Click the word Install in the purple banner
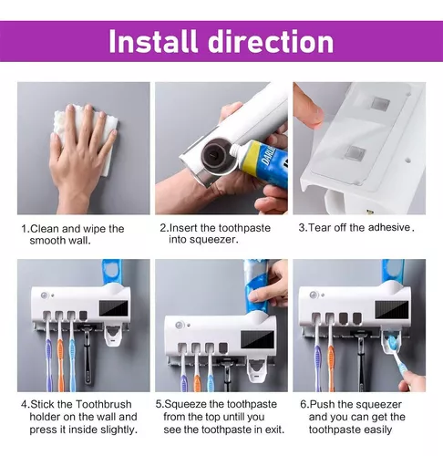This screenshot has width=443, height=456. click(x=153, y=41)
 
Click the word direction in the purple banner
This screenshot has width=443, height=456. click(x=271, y=41)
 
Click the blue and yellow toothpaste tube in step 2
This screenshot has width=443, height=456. click(x=262, y=164)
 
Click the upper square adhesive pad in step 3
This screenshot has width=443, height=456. click(x=379, y=103)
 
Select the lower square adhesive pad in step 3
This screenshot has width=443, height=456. click(x=356, y=153)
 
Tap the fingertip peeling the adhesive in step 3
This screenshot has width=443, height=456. click(x=312, y=115)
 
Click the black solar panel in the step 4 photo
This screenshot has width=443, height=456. click(x=114, y=308)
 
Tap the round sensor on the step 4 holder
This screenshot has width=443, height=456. click(x=45, y=295)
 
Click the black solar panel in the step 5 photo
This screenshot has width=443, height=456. click(x=258, y=339)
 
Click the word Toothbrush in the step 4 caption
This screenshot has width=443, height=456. click(x=104, y=404)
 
